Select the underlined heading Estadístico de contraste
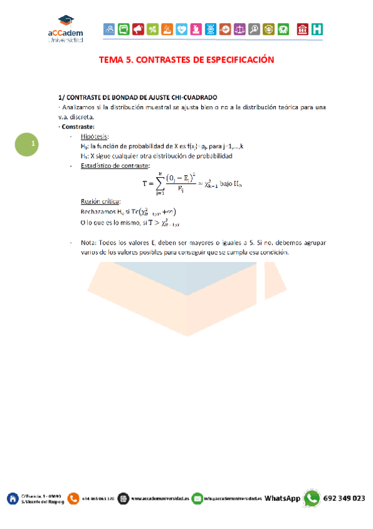click(x=115, y=165)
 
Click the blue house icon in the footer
click(x=12, y=498)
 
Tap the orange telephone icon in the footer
click(x=73, y=498)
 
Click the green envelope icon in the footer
click(x=197, y=498)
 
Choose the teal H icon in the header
click(x=318, y=29)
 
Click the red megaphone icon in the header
click(x=138, y=29)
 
